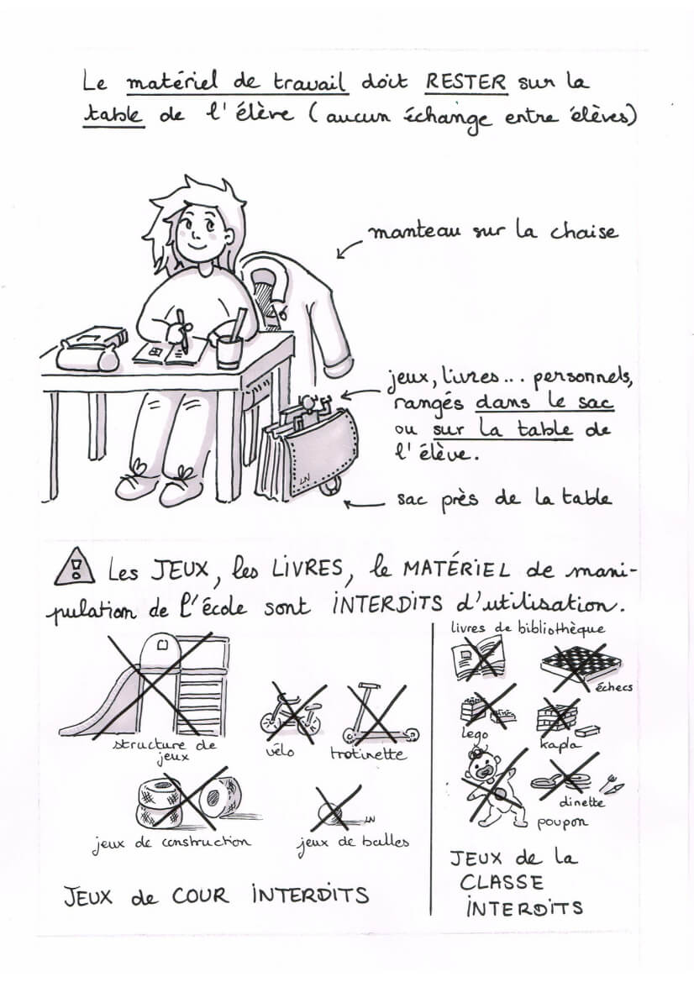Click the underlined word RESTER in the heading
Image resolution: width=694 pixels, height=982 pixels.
466,82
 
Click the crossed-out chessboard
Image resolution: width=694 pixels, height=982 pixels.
581,663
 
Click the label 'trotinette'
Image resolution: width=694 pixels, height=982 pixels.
368,754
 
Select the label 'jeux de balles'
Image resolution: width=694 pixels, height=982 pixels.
353,843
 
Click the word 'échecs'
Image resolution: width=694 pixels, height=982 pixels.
614,687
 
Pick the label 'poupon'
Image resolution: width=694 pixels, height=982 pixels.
561,823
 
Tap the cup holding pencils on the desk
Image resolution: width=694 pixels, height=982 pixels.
229,351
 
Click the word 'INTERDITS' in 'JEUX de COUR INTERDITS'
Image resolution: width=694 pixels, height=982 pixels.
310,895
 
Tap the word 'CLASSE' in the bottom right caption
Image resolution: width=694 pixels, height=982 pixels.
501,883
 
